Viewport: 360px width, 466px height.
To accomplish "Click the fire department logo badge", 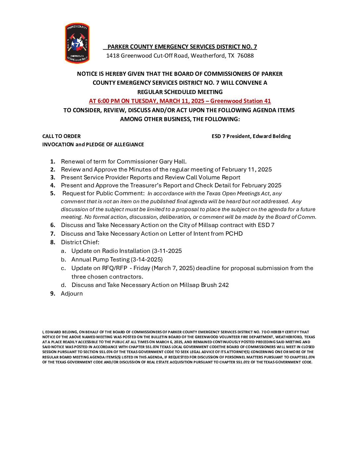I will coord(77,43).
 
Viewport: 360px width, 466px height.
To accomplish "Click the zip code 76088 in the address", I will coord(245,56).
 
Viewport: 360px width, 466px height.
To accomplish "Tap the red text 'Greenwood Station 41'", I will coord(241,101).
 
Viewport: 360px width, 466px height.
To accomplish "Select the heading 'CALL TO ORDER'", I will coord(62,136).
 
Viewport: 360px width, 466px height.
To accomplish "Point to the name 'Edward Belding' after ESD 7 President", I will coord(272,136).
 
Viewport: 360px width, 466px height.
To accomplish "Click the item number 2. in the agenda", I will coord(53,169).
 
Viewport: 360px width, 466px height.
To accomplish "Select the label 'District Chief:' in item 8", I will coord(80,242).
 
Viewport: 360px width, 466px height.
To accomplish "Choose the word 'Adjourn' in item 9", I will coord(72,294).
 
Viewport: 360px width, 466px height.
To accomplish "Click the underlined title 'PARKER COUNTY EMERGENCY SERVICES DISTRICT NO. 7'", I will coord(182,47).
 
